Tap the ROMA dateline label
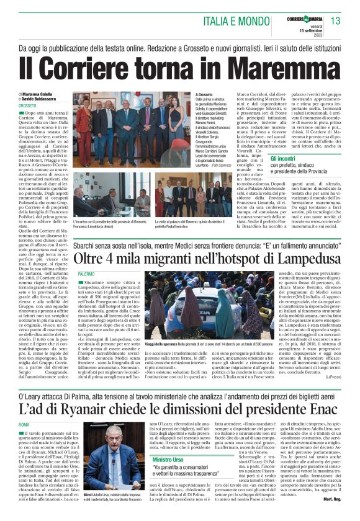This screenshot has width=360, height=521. (24, 424)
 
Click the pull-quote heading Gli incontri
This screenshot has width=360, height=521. (283, 159)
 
